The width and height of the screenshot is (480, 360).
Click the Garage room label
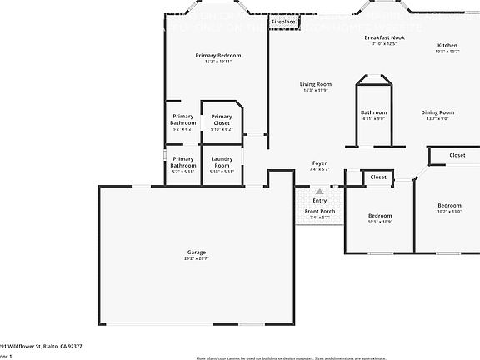197,252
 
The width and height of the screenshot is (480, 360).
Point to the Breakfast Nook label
384,38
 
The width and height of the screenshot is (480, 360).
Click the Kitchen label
447,45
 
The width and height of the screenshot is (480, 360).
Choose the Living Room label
316,84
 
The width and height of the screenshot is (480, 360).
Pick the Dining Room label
437,112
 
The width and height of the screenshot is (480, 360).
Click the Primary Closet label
222,119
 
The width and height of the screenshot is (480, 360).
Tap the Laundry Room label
222,162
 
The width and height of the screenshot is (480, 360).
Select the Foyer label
319,162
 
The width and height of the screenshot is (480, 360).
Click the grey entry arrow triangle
319,191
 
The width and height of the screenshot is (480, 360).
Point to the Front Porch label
320,211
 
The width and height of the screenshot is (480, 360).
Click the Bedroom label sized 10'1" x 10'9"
379,216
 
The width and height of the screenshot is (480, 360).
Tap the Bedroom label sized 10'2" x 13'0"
449,205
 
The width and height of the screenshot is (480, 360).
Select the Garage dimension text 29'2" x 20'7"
197,258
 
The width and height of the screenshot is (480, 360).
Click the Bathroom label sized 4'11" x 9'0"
373,112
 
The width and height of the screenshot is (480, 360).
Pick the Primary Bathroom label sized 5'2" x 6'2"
182,119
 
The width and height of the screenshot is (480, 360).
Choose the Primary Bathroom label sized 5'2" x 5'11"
182,162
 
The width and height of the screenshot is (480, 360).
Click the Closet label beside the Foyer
378,177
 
